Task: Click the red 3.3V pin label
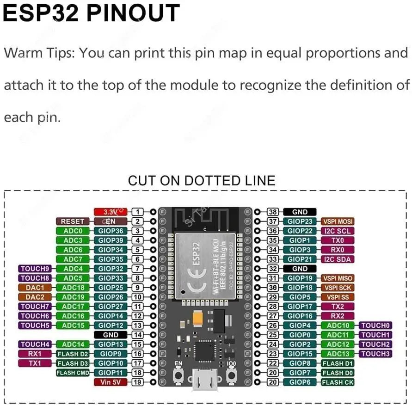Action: [111, 211]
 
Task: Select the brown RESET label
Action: [73, 221]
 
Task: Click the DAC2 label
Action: [35, 297]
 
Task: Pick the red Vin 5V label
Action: [111, 382]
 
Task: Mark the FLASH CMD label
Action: [73, 373]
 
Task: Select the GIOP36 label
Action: [111, 231]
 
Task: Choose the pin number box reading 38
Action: [273, 212]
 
